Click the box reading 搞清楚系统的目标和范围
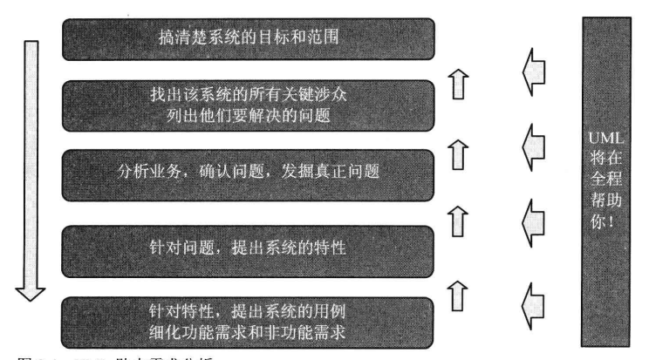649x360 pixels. coord(249,38)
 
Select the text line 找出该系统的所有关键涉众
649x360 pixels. coord(249,94)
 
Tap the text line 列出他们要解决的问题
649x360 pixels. coord(249,115)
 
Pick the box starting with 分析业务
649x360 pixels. coord(249,172)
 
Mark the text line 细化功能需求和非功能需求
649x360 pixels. coord(249,331)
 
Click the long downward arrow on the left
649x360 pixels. coord(31,166)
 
